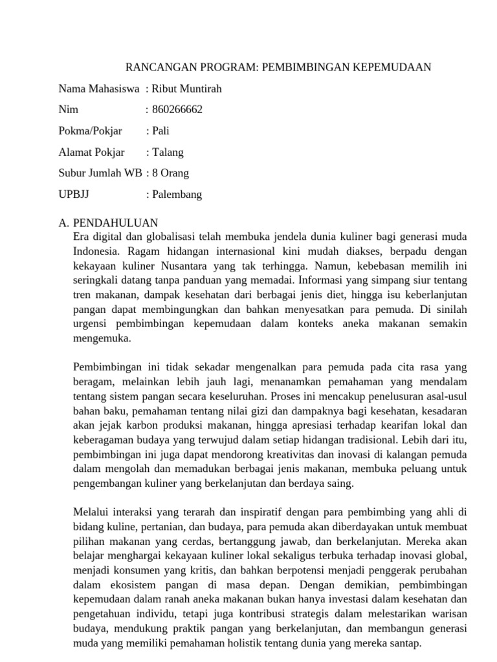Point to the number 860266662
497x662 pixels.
tap(177, 110)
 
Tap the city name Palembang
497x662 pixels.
tap(177, 195)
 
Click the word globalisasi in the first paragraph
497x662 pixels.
tap(168, 237)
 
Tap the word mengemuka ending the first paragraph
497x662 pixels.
tap(102, 337)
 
